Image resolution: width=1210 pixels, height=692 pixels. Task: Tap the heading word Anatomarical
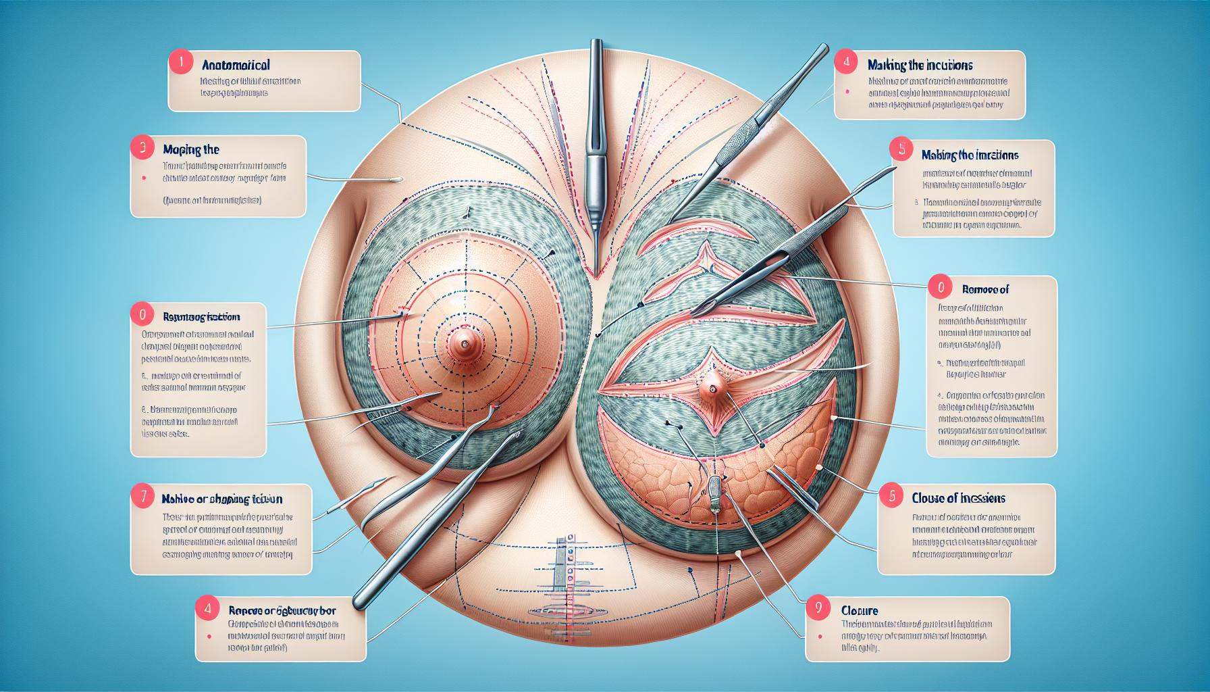click(236, 66)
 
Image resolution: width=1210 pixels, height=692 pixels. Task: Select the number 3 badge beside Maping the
click(141, 149)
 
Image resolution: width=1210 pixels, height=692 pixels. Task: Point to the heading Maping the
click(191, 149)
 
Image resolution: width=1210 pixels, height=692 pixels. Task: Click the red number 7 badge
click(141, 498)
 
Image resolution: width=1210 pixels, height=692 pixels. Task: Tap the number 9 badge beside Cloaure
click(818, 607)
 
